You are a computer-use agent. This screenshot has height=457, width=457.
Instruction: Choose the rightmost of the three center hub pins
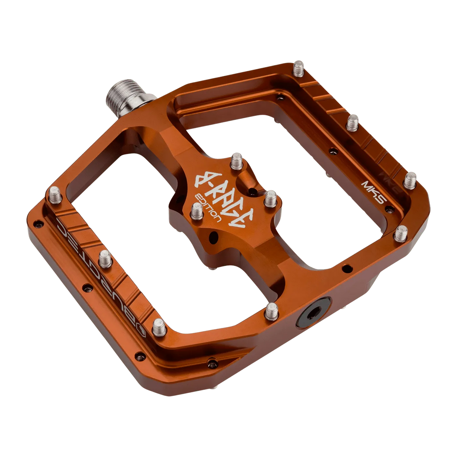[270, 198]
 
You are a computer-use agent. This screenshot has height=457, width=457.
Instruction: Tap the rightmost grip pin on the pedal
[411, 178]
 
